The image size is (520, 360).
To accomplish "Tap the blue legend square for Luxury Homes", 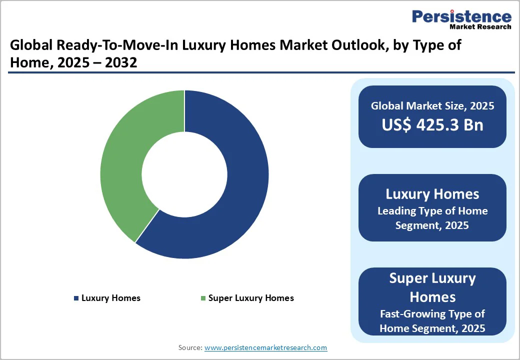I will click(76, 298).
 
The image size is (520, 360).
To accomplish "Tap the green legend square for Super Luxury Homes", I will click(203, 298).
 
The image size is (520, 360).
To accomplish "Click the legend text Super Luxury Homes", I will click(251, 298).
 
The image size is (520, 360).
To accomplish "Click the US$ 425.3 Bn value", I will click(432, 124).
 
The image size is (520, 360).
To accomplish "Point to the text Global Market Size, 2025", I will click(432, 105).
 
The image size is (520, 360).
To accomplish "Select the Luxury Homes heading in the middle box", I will click(432, 194).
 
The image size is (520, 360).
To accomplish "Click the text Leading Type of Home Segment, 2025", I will click(432, 218).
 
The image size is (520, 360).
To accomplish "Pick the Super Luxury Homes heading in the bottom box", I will click(432, 287).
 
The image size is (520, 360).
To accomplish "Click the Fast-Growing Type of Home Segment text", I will click(432, 321).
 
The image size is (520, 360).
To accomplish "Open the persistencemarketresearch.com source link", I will click(265, 347).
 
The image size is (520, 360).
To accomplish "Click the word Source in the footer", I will click(190, 347).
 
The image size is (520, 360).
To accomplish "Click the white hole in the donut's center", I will click(184, 174).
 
